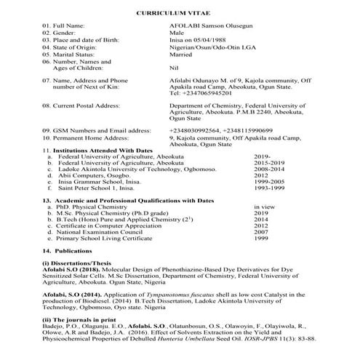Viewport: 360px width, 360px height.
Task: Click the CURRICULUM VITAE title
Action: click(x=180, y=13)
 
